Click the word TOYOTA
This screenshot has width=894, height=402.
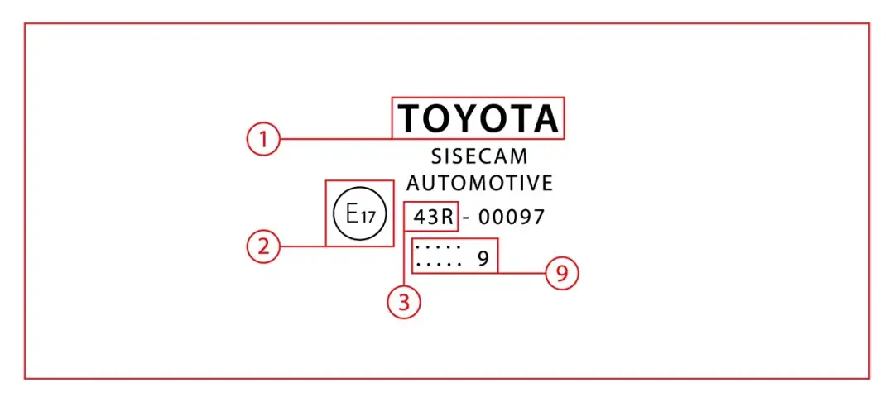478,118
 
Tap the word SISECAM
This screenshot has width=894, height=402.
478,157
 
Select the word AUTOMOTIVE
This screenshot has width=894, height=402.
478,183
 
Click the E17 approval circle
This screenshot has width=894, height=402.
360,215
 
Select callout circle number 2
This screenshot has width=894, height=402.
263,246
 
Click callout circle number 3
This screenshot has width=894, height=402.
404,302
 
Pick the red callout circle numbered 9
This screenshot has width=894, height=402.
561,273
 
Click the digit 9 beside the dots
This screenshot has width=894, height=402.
483,259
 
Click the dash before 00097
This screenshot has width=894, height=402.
467,218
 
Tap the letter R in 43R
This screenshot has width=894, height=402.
447,218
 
